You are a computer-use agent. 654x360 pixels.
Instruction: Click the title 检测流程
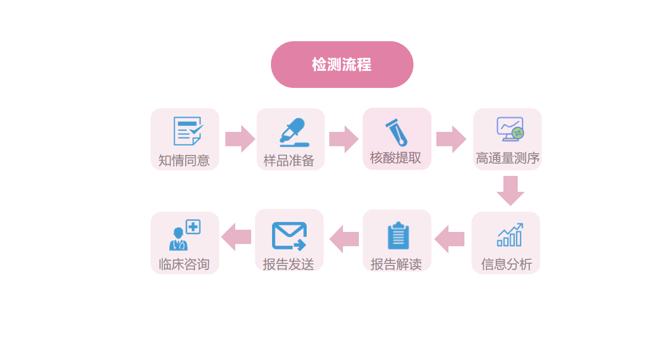(342, 65)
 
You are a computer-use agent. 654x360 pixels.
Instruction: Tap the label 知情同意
(184, 160)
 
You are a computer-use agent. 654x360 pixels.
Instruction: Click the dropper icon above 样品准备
(292, 132)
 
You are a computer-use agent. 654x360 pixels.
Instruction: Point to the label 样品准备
(289, 160)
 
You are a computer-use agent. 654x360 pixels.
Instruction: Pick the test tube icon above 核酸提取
(396, 132)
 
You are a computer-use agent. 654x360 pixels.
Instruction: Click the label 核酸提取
(396, 158)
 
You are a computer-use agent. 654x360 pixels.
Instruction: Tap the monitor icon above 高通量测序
(510, 129)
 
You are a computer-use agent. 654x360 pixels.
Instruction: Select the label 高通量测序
(507, 158)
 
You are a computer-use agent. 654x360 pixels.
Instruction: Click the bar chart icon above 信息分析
(509, 235)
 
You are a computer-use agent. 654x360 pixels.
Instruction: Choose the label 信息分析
(506, 264)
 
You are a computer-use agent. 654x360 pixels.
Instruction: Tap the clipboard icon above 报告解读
(398, 236)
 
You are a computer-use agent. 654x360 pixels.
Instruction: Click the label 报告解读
(396, 264)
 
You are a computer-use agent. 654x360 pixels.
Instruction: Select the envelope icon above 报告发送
(289, 236)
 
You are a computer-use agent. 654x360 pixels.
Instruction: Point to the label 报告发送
(289, 264)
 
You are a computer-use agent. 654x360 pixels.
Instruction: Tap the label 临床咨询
(184, 264)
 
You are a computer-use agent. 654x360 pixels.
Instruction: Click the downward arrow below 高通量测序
(510, 190)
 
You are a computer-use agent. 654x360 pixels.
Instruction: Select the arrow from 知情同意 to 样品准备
(240, 139)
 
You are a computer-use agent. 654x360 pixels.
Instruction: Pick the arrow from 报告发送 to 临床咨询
(236, 237)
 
